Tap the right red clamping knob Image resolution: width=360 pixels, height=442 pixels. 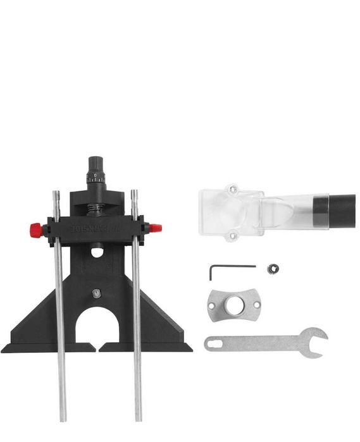(156, 227)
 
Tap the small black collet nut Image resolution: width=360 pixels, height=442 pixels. (273, 268)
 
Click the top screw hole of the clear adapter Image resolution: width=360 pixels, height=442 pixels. (233, 188)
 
